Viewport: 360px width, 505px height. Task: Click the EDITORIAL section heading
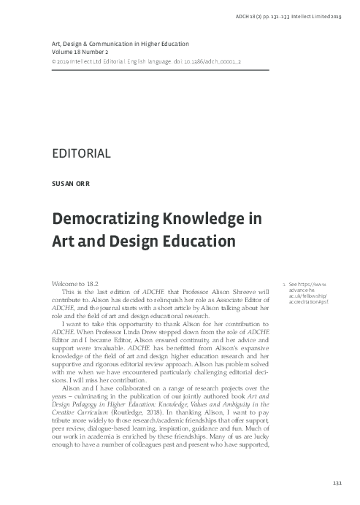[81, 153]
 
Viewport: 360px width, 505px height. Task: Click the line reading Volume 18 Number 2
[86, 52]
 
